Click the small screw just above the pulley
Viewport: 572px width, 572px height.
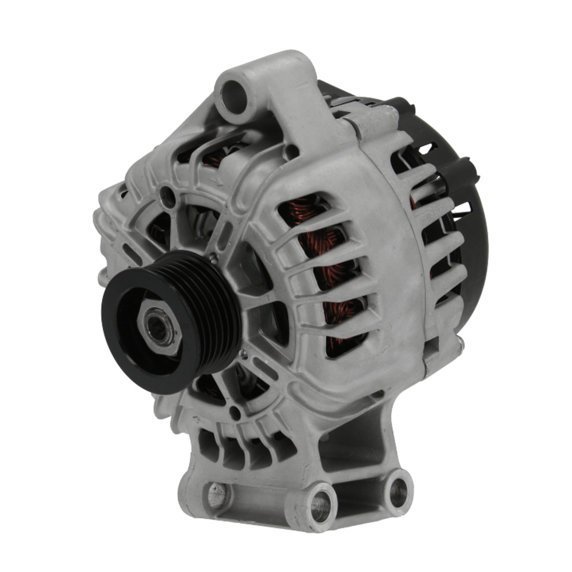(x=213, y=259)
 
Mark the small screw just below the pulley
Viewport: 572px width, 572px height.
(x=244, y=354)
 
